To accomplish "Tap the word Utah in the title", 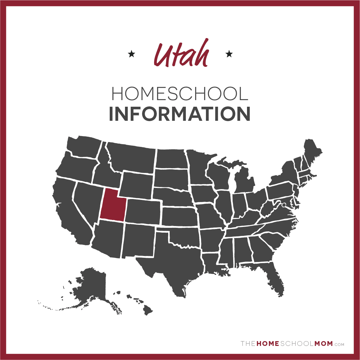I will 181,54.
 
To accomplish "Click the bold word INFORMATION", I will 180,114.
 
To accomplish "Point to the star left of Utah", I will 131,54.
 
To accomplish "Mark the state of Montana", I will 132,157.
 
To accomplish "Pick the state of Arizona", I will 108,240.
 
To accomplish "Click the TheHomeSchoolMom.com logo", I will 292,344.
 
